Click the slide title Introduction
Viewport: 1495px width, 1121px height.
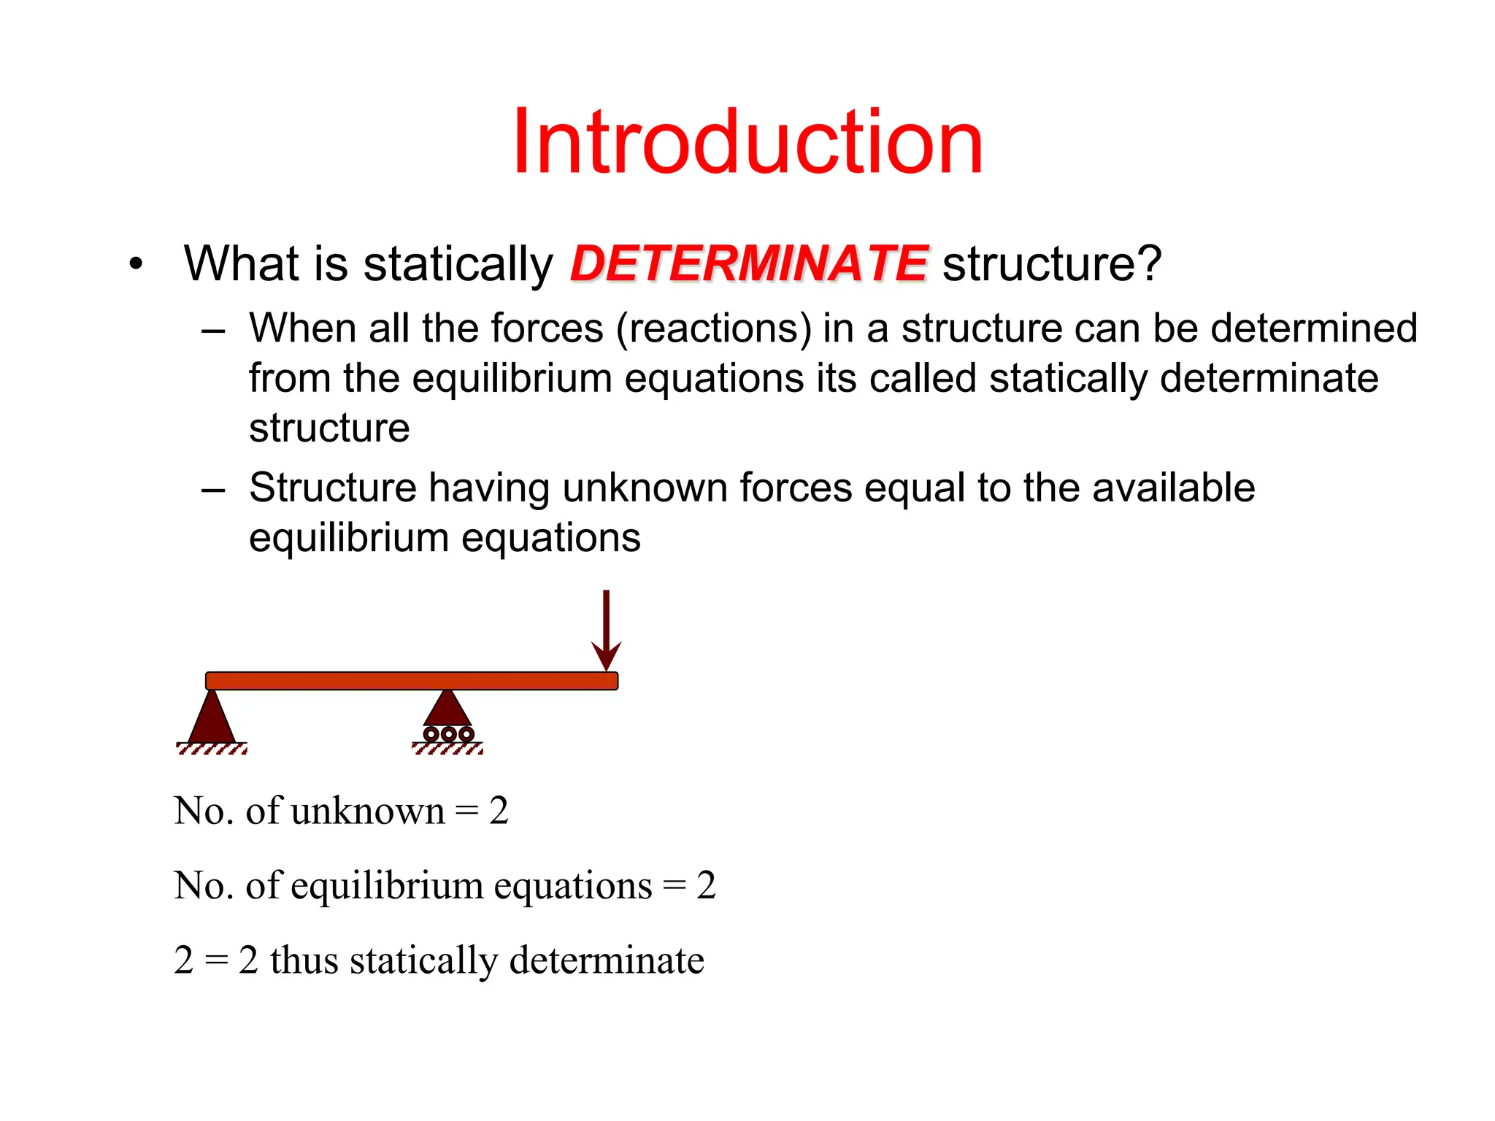(x=747, y=142)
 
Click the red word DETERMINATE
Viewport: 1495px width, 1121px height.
(x=749, y=263)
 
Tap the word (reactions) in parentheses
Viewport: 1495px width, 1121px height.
(x=714, y=328)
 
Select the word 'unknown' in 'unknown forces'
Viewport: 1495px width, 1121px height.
(x=645, y=488)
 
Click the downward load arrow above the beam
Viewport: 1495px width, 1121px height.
(x=606, y=628)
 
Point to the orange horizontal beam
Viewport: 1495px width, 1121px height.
(x=412, y=681)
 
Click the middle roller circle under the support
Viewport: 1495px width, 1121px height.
(x=448, y=734)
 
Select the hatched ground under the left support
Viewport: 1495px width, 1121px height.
(x=212, y=750)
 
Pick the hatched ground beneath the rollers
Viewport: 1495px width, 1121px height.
(x=447, y=750)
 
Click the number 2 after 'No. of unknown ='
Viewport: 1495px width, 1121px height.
(x=499, y=811)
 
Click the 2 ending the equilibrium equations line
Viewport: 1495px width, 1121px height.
(x=706, y=885)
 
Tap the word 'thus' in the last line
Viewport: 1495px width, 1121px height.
(x=304, y=960)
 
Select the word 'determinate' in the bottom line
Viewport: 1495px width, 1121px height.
(x=607, y=960)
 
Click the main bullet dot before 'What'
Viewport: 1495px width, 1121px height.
(x=136, y=264)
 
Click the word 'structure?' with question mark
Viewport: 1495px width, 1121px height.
(x=1051, y=263)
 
